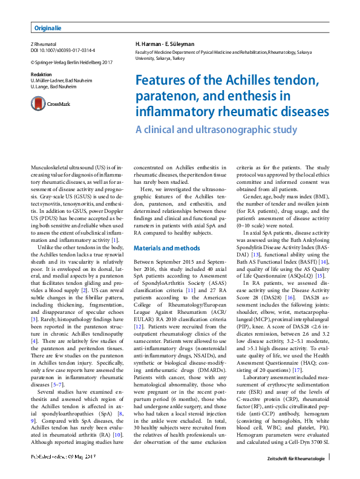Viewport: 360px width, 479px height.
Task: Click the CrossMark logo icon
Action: [x=41, y=104]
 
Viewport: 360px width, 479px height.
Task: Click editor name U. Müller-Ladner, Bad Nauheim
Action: [x=61, y=80]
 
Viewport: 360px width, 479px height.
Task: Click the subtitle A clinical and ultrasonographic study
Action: [x=216, y=129]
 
